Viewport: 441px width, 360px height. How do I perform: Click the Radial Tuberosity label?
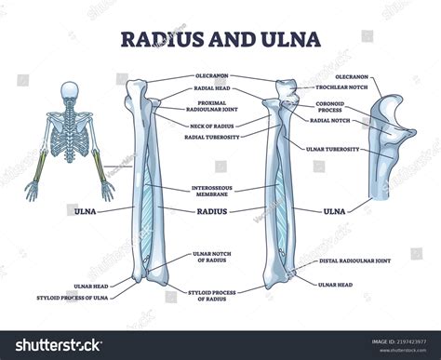tap(208, 136)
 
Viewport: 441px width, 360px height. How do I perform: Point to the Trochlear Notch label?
tap(327, 87)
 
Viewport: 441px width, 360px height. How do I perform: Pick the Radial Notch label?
tap(329, 120)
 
